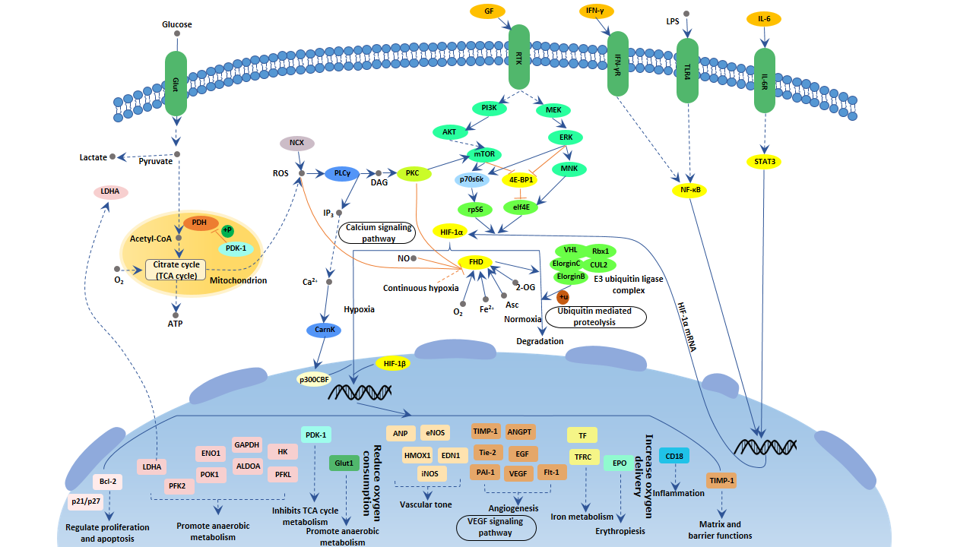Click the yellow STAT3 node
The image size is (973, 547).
pyautogui.click(x=765, y=161)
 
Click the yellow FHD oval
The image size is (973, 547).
pyautogui.click(x=476, y=262)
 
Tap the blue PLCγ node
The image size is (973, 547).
pyautogui.click(x=341, y=174)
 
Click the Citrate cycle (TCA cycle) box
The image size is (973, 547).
pyautogui.click(x=176, y=270)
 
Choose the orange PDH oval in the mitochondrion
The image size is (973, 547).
pyautogui.click(x=199, y=223)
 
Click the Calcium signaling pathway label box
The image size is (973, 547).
pyautogui.click(x=379, y=232)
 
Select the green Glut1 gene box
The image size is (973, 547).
pyautogui.click(x=344, y=463)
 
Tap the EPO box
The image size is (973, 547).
pyautogui.click(x=619, y=463)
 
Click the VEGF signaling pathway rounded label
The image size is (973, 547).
pyautogui.click(x=496, y=527)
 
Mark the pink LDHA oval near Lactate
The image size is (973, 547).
pyautogui.click(x=110, y=192)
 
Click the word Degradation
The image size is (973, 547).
pyautogui.click(x=540, y=341)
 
